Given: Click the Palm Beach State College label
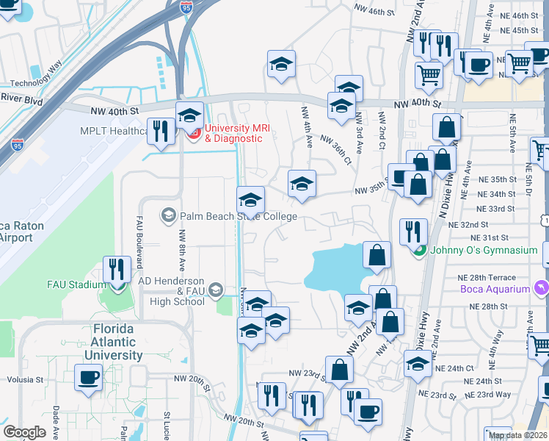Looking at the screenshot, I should (236, 216).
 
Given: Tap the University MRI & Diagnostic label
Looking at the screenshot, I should (233, 133).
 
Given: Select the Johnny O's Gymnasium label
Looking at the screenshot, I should (484, 251).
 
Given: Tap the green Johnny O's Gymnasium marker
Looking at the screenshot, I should (418, 251).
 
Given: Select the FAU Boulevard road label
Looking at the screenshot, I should (137, 236).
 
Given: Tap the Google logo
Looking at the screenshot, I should (24, 432).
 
